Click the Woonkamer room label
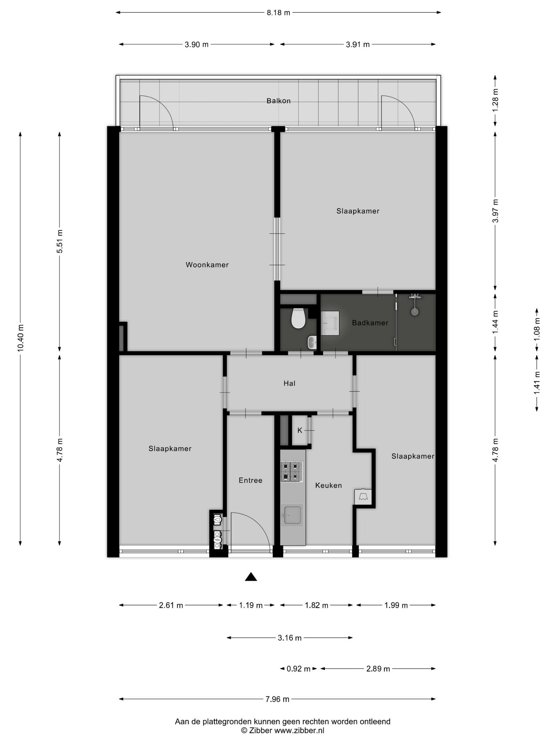[x=207, y=265]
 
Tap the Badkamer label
[x=370, y=323]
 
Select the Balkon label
[x=278, y=101]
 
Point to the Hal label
[x=289, y=383]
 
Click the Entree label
[x=251, y=480]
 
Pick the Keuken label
[x=329, y=485]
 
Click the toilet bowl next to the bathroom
[x=298, y=318]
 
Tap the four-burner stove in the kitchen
[x=291, y=471]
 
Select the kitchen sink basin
[x=293, y=515]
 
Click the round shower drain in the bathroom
[x=414, y=311]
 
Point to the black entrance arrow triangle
[x=251, y=577]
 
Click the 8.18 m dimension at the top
[x=278, y=13]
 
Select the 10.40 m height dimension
[x=20, y=337]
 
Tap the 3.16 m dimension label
[x=290, y=638]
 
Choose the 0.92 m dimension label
[x=298, y=669]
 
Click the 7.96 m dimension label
[x=277, y=699]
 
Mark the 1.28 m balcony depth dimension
[x=495, y=100]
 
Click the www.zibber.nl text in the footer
[x=299, y=731]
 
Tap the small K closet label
[x=300, y=430]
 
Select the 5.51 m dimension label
[x=60, y=242]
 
